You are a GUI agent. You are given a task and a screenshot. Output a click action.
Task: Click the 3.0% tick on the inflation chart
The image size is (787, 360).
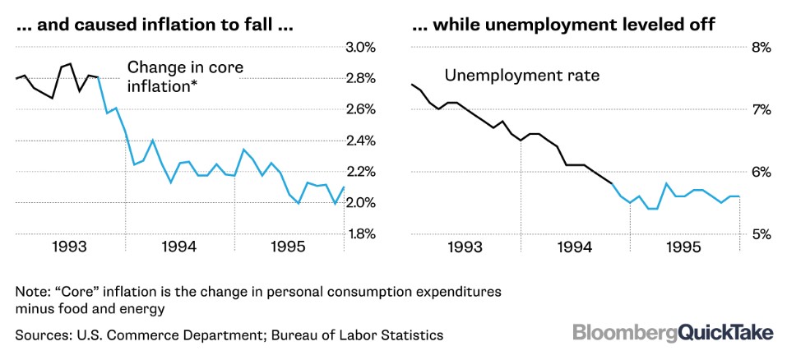361,48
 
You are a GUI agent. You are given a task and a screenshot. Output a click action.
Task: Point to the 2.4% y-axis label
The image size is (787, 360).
361,141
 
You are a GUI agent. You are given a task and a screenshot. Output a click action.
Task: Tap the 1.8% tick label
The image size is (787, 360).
361,234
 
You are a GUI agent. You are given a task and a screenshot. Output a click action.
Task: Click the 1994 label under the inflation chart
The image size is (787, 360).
180,247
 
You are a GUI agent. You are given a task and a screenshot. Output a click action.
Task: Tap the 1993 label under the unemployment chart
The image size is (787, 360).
465,247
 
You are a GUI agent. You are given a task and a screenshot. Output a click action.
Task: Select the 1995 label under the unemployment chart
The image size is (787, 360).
684,247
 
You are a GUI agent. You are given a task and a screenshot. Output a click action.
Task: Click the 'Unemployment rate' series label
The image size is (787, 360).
522,76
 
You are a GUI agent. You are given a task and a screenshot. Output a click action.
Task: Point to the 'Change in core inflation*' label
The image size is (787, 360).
185,76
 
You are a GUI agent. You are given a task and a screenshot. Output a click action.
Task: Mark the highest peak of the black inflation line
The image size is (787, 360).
70,63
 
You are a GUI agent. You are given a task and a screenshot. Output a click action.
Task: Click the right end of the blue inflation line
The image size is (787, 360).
344,187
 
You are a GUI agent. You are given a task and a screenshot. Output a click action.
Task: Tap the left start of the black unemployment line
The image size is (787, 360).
411,84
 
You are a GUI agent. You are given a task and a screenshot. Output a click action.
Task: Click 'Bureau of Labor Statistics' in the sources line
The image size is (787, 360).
358,335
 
